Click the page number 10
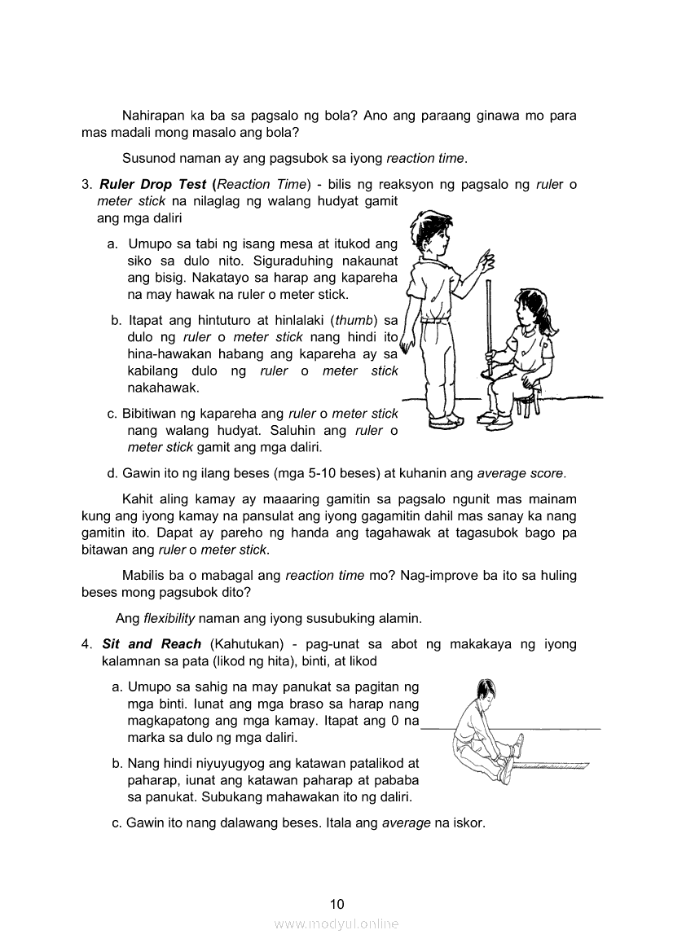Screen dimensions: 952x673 (337, 903)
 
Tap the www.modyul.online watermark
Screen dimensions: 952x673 (336, 924)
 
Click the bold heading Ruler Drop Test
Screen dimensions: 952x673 (153, 184)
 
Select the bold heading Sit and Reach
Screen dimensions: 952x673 (152, 644)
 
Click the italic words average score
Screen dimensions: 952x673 (520, 472)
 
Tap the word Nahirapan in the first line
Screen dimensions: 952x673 (152, 116)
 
